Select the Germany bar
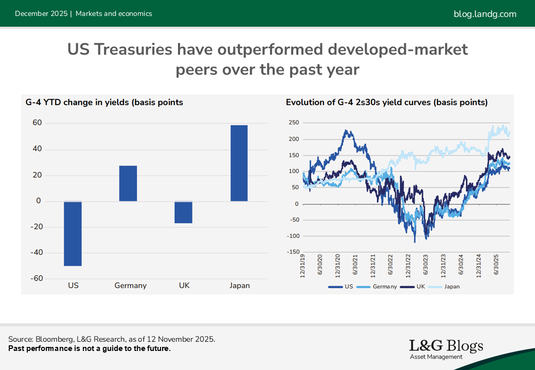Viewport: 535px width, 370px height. point(128,183)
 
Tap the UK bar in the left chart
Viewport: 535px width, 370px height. point(184,212)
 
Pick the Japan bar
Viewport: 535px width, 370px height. point(239,163)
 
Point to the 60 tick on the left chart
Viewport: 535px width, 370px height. point(37,123)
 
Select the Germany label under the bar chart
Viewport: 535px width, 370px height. point(131,286)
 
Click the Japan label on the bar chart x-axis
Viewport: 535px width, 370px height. point(240,286)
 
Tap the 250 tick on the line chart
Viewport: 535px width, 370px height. point(294,123)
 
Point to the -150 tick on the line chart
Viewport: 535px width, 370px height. point(294,252)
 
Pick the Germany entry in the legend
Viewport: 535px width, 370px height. point(381,287)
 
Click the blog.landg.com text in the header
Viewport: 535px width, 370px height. point(485,14)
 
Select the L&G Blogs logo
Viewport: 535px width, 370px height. point(446,349)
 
